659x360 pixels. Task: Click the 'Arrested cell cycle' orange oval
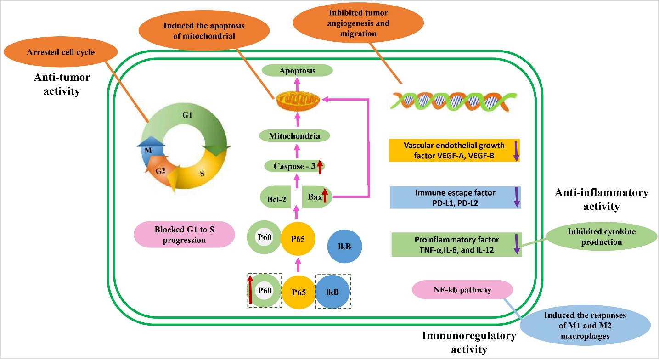click(x=61, y=52)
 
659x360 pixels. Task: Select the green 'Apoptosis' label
click(x=298, y=71)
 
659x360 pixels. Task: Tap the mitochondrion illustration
click(x=298, y=101)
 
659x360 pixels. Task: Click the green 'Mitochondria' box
click(x=294, y=136)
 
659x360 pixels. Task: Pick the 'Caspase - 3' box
click(x=294, y=166)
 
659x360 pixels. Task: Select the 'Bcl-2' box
click(x=276, y=197)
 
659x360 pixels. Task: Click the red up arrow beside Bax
click(x=325, y=196)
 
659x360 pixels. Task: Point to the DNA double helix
click(x=453, y=101)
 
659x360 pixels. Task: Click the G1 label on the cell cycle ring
click(x=187, y=115)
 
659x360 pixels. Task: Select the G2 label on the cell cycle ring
click(x=160, y=171)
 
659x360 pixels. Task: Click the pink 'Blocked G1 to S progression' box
click(x=185, y=234)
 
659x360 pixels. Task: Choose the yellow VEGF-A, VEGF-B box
click(x=454, y=150)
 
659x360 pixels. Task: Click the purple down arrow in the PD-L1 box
click(x=517, y=197)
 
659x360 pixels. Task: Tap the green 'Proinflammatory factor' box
click(x=456, y=244)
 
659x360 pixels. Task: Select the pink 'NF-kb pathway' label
click(x=462, y=290)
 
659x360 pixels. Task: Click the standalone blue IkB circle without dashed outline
click(x=344, y=246)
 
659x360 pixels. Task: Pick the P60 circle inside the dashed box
click(x=265, y=291)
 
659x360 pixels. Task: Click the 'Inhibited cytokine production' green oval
click(x=601, y=236)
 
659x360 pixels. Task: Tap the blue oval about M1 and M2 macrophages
click(x=585, y=325)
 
